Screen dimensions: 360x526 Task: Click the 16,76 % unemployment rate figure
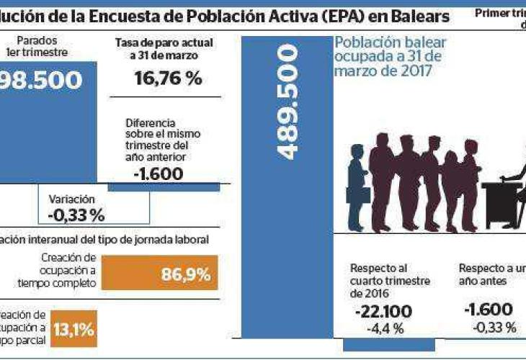pos(168,78)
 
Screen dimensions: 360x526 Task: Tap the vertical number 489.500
pos(287,102)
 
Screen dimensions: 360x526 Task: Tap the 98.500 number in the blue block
pos(43,80)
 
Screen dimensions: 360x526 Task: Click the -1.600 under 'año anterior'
pos(158,174)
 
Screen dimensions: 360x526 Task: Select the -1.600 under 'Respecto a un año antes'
pos(489,310)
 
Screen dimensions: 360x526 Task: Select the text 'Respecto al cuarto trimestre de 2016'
pos(390,281)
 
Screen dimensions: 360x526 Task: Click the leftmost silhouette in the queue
pos(357,186)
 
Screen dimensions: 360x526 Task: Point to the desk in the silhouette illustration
pos(504,202)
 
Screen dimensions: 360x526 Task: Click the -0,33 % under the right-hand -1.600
pos(494,328)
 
